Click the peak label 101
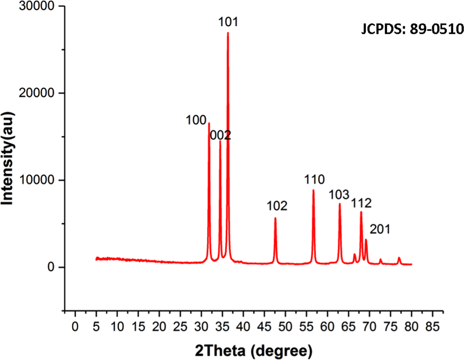click(x=228, y=22)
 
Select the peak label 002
click(x=221, y=135)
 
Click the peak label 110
click(x=314, y=180)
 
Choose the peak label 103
click(x=339, y=194)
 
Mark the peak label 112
click(x=361, y=203)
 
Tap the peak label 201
click(x=380, y=229)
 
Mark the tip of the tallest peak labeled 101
click(x=228, y=33)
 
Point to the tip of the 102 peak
click(x=275, y=218)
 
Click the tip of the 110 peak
click(x=313, y=190)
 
